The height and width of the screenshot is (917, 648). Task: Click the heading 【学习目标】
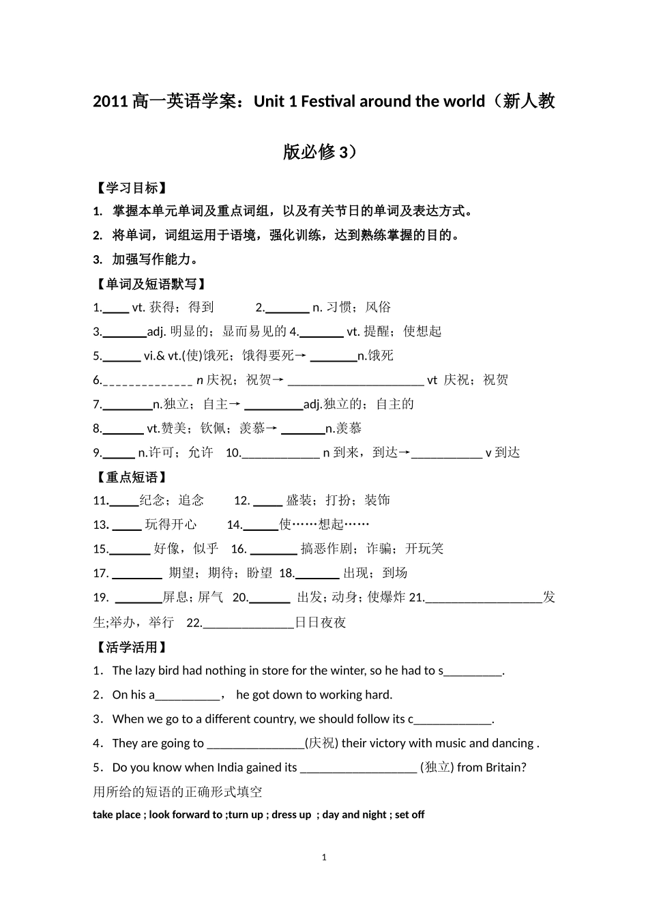[130, 188]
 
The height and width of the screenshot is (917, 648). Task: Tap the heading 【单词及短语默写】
[150, 284]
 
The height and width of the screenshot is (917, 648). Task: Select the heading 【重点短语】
[130, 477]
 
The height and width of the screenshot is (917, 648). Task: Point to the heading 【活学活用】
[130, 647]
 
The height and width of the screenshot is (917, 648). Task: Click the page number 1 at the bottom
[324, 857]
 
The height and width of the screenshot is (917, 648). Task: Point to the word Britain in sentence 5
[505, 767]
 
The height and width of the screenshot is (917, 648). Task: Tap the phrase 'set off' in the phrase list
[409, 814]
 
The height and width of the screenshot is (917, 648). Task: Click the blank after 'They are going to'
[255, 744]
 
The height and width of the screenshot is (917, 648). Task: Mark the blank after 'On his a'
[188, 696]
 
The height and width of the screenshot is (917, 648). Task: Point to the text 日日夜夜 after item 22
[321, 622]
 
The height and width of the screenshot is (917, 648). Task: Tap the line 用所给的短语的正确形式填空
[177, 791]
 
